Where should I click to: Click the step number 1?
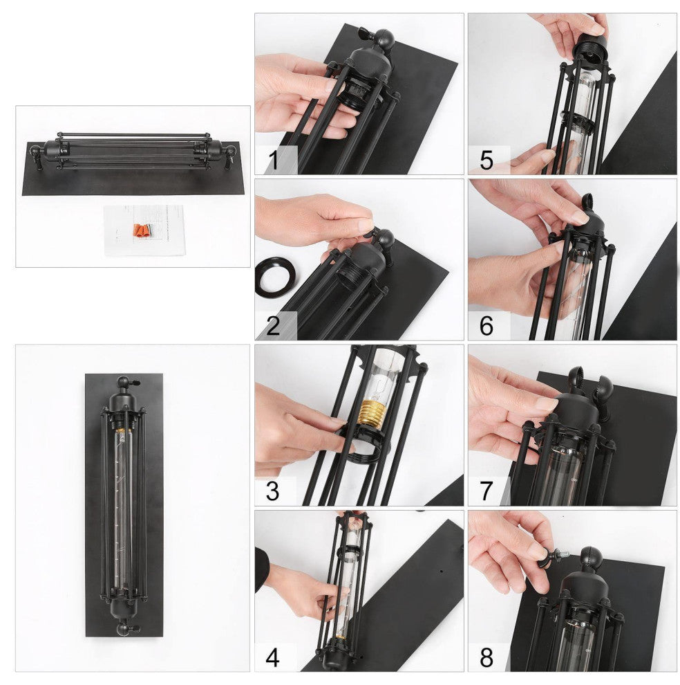[274, 160]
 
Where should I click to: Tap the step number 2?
[273, 326]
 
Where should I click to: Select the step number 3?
[273, 491]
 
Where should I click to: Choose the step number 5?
[487, 160]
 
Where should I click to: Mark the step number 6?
[487, 326]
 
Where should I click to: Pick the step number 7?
[487, 491]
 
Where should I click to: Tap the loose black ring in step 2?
[276, 278]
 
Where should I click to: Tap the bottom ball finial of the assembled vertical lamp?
[124, 629]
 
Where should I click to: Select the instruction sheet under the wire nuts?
[144, 230]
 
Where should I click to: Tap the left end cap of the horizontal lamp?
[54, 151]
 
